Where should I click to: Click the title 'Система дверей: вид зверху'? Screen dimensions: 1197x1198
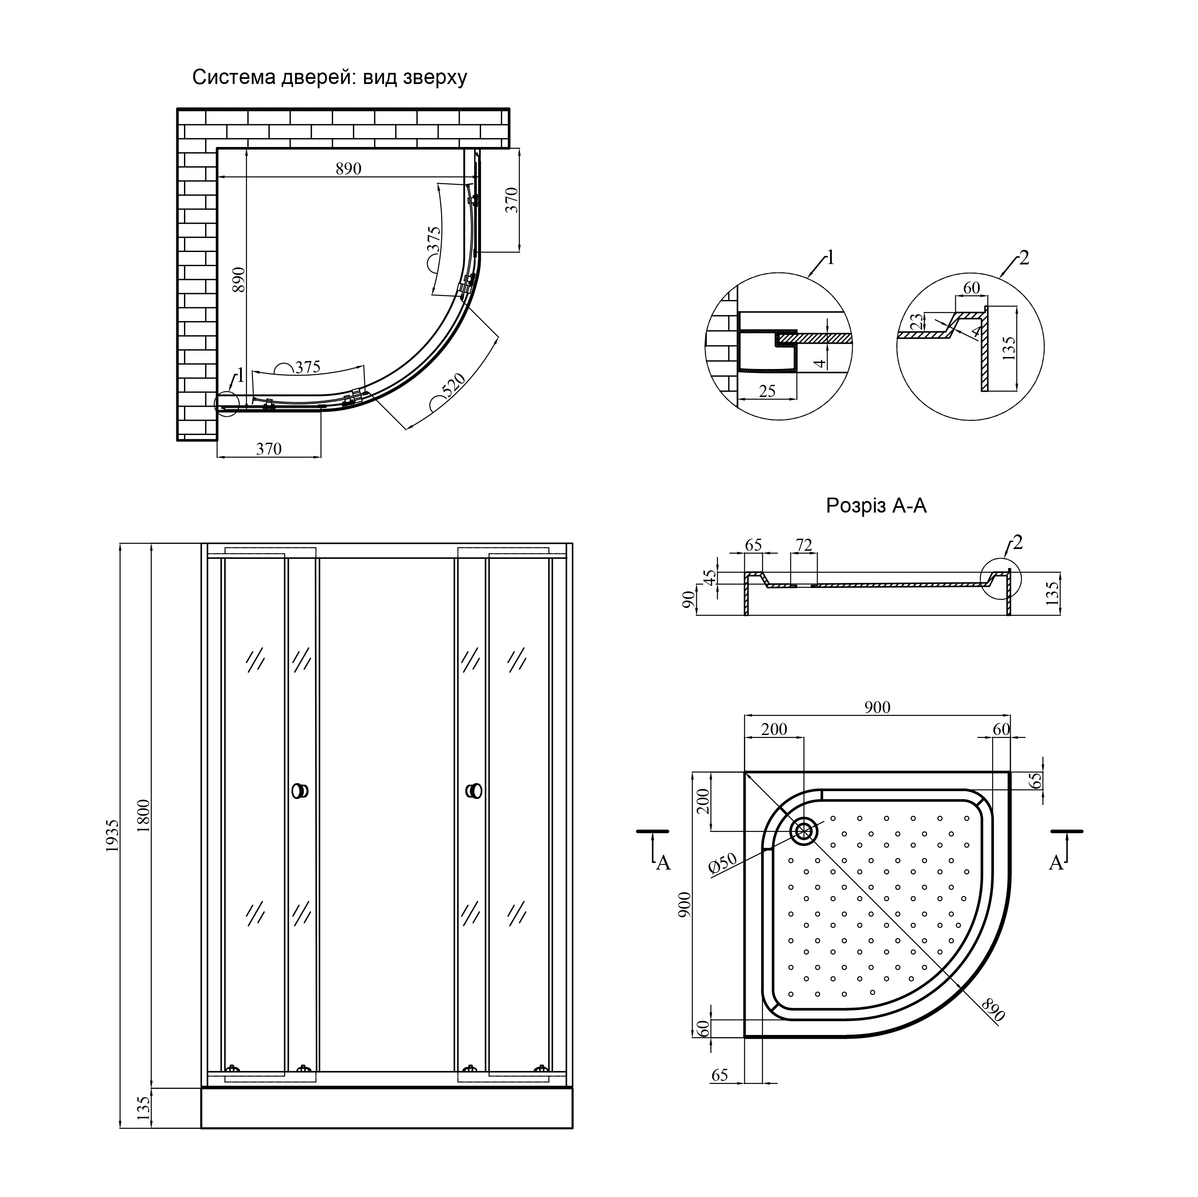click(329, 78)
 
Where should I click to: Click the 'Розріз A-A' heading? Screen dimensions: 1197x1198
click(876, 506)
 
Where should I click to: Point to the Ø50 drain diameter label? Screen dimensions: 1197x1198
click(722, 864)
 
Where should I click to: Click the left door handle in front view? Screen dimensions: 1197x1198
click(299, 791)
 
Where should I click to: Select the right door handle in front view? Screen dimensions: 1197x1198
click(474, 791)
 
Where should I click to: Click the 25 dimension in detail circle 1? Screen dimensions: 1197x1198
click(767, 391)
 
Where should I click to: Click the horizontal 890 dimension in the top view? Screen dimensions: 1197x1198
click(349, 168)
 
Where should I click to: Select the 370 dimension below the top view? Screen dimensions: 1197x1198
click(269, 449)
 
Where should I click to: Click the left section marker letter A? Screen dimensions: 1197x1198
click(663, 863)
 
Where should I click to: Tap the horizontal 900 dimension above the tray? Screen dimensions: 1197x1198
click(877, 707)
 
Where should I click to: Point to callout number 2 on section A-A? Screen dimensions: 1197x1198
click(1017, 543)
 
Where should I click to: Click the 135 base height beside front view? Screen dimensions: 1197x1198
click(143, 1108)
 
